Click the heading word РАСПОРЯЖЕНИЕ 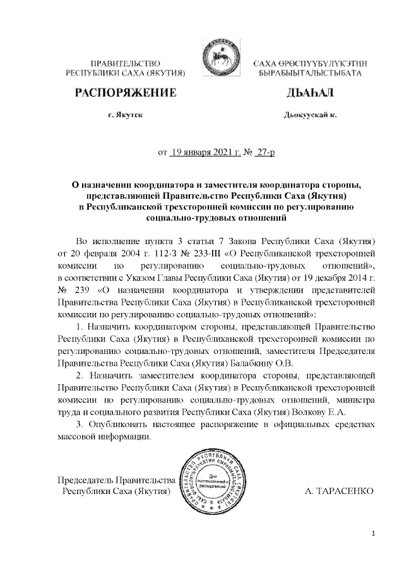point(125,94)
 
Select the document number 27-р point(261,152)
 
